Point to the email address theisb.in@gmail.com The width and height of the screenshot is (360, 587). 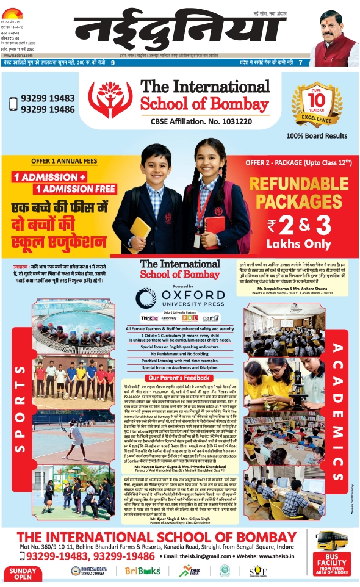coord(201,556)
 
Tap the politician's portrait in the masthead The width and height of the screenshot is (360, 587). coord(334,40)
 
